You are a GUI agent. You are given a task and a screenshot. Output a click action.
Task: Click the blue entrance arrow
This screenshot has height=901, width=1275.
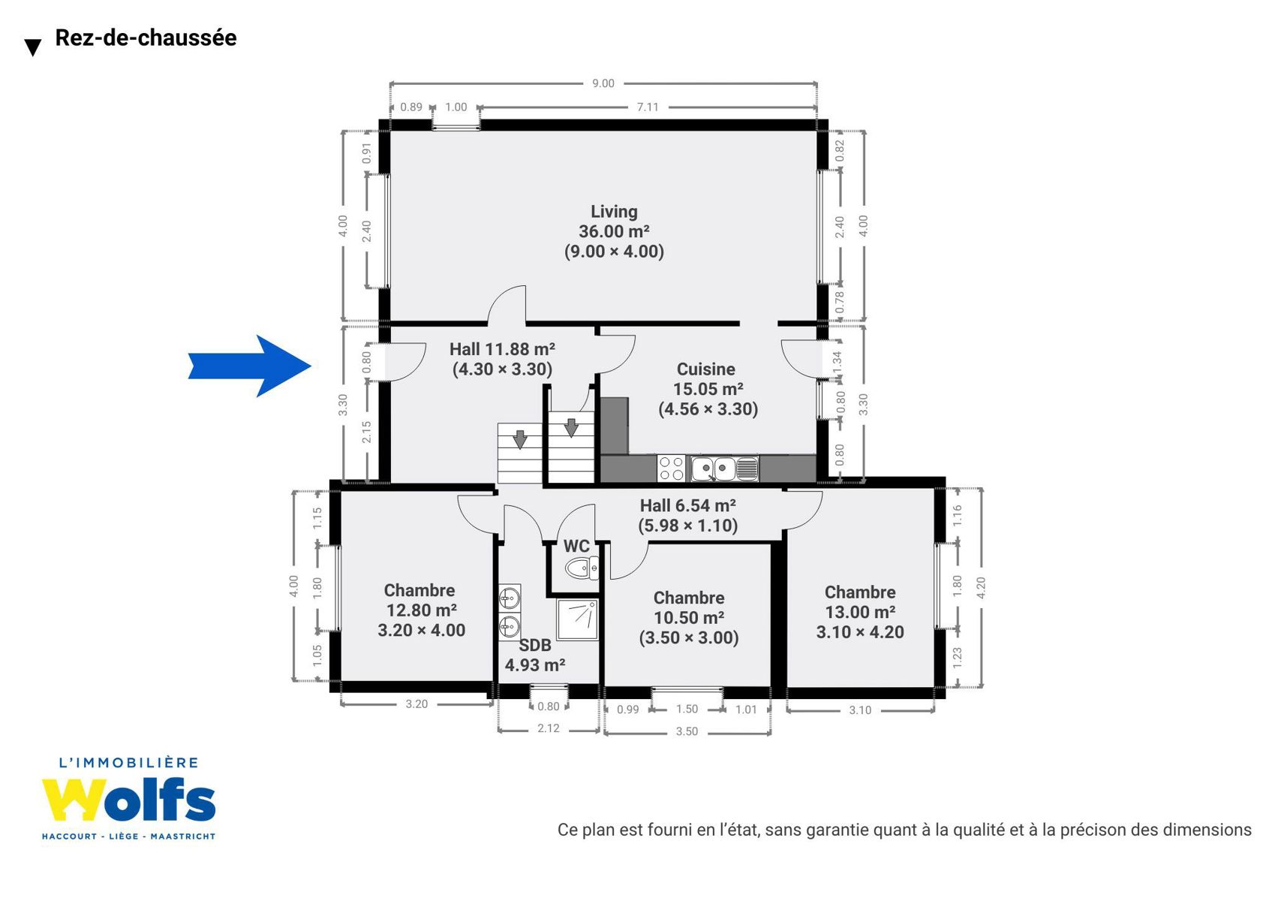pos(250,366)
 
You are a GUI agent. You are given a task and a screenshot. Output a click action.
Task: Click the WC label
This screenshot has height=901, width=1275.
pos(576,546)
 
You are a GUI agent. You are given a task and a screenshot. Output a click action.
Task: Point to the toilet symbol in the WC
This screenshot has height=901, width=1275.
pos(582,568)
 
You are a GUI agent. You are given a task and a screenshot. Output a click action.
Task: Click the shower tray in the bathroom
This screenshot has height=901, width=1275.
pos(578,619)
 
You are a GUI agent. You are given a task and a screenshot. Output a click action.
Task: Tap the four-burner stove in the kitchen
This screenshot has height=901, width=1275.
pos(672,469)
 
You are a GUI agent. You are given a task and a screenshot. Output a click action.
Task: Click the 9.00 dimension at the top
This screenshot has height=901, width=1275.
pos(603,84)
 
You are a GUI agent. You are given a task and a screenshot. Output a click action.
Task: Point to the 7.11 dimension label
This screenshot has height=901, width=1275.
pos(648,107)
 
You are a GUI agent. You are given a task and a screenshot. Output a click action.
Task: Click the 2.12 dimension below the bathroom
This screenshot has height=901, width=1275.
pos(548,728)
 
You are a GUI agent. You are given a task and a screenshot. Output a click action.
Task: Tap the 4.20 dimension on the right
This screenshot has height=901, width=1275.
pos(981,588)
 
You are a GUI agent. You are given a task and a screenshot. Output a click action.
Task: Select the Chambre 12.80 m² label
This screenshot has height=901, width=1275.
pos(421,610)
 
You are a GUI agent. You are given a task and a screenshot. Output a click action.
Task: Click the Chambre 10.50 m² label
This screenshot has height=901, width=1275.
pos(689,618)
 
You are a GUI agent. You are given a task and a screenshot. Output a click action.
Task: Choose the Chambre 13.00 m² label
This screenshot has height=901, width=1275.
pos(860,612)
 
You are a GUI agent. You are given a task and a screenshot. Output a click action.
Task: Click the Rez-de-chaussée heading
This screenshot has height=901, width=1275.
pos(146,38)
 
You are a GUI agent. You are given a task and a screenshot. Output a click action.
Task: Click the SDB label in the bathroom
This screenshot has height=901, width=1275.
pos(535,645)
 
